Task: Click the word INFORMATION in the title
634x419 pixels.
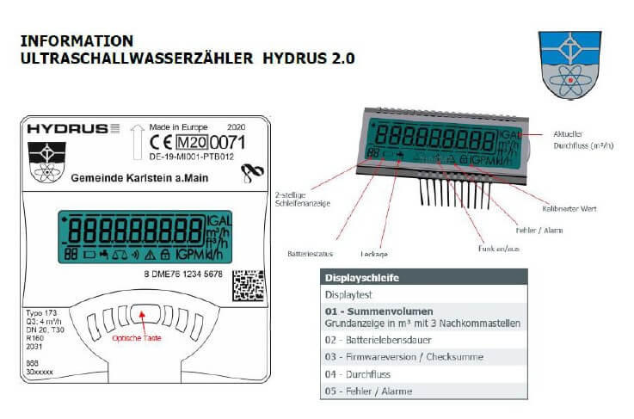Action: pos(77,40)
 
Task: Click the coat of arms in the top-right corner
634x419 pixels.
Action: pos(569,65)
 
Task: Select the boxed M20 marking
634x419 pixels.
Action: pos(193,142)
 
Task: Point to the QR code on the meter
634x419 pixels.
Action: pos(249,283)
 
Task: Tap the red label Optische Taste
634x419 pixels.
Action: pos(137,338)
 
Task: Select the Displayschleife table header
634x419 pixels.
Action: pos(361,278)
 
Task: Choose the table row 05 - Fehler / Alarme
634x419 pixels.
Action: pos(368,391)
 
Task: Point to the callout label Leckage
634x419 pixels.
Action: pos(374,254)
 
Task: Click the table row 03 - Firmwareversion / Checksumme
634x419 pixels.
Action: pos(404,357)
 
